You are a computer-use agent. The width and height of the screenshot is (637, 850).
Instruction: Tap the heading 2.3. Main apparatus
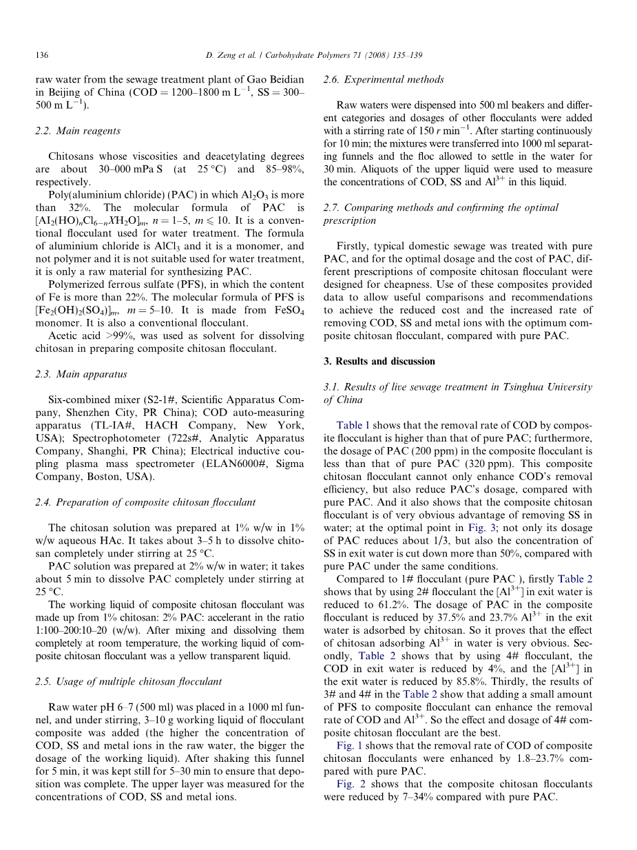tap(81, 374)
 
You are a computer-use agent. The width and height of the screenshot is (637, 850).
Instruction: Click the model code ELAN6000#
tap(215, 464)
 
